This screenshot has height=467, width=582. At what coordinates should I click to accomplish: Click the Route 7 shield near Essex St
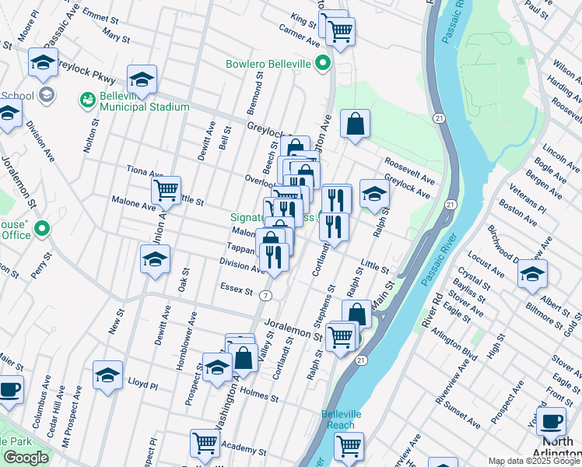tap(267, 296)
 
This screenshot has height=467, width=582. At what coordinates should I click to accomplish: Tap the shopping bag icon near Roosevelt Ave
tap(355, 124)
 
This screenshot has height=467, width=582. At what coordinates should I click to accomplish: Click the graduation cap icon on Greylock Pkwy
tap(142, 79)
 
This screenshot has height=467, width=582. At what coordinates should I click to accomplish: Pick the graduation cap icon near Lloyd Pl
tap(107, 374)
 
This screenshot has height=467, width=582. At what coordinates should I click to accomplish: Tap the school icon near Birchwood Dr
tap(532, 273)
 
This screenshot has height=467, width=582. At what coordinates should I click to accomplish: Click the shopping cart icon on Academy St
tap(205, 442)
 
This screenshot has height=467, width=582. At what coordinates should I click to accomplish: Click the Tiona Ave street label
tap(145, 172)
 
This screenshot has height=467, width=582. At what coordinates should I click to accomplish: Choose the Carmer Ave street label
tap(300, 39)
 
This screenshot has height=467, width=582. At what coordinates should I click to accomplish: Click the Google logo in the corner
tap(26, 458)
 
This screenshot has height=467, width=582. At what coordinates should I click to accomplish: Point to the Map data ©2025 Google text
tap(534, 461)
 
